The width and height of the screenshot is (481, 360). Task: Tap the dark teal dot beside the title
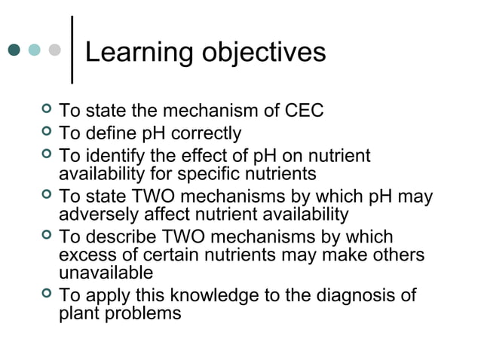(14, 50)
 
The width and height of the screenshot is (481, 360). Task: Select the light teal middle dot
(35, 50)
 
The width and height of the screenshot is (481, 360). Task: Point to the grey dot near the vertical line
(54, 50)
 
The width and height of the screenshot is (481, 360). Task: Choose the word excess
(85, 255)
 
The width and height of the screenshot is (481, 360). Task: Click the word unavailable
(106, 273)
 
